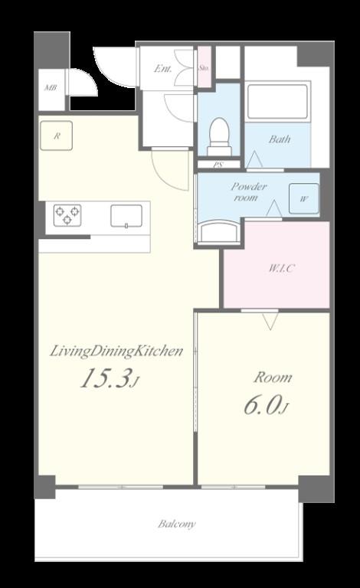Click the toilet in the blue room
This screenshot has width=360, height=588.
click(x=218, y=136)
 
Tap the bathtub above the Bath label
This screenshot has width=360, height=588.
click(x=277, y=101)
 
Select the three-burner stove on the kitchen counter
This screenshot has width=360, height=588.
click(x=67, y=215)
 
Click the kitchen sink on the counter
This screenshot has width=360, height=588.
click(x=126, y=216)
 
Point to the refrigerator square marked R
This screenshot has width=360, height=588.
click(x=56, y=136)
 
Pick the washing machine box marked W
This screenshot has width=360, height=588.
click(x=304, y=199)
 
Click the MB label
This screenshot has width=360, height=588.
click(x=51, y=88)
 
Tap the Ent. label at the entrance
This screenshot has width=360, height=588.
click(x=163, y=69)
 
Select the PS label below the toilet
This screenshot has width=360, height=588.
click(x=218, y=165)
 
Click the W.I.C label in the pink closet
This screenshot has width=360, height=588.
click(x=282, y=268)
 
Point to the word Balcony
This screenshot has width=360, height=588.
click(x=177, y=524)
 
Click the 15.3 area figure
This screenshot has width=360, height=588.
click(x=107, y=378)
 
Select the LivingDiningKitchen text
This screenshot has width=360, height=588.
click(x=116, y=351)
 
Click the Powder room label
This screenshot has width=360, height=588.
click(x=248, y=191)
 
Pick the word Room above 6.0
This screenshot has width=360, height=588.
click(x=273, y=377)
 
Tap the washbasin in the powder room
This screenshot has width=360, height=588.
click(x=218, y=231)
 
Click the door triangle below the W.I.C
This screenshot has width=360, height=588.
click(x=270, y=321)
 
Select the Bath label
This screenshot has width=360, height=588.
click(x=280, y=139)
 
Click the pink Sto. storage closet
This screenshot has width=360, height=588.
click(x=204, y=67)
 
